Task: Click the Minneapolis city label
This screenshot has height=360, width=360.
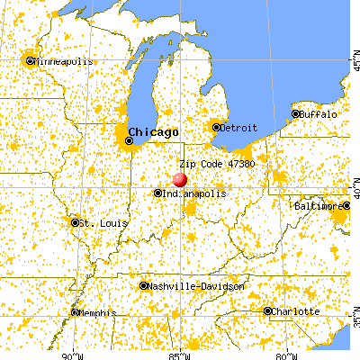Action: pos(64,61)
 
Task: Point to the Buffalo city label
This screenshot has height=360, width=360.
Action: pos(319,114)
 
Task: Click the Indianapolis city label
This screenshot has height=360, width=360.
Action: pos(195,193)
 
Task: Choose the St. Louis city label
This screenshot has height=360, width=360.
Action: pos(95,222)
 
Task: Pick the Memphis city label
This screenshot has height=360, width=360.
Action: pos(97,313)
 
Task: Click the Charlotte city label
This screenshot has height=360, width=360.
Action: pos(297,311)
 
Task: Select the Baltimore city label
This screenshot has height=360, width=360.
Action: pos(318,206)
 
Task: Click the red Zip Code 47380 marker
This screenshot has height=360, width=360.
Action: pos(180,179)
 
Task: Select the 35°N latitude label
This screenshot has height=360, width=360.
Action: pos(351,320)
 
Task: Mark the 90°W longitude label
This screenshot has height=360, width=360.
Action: pos(72,353)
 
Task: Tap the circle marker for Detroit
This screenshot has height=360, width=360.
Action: pos(217,127)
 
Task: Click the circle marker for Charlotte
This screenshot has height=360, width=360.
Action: pos(268,311)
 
